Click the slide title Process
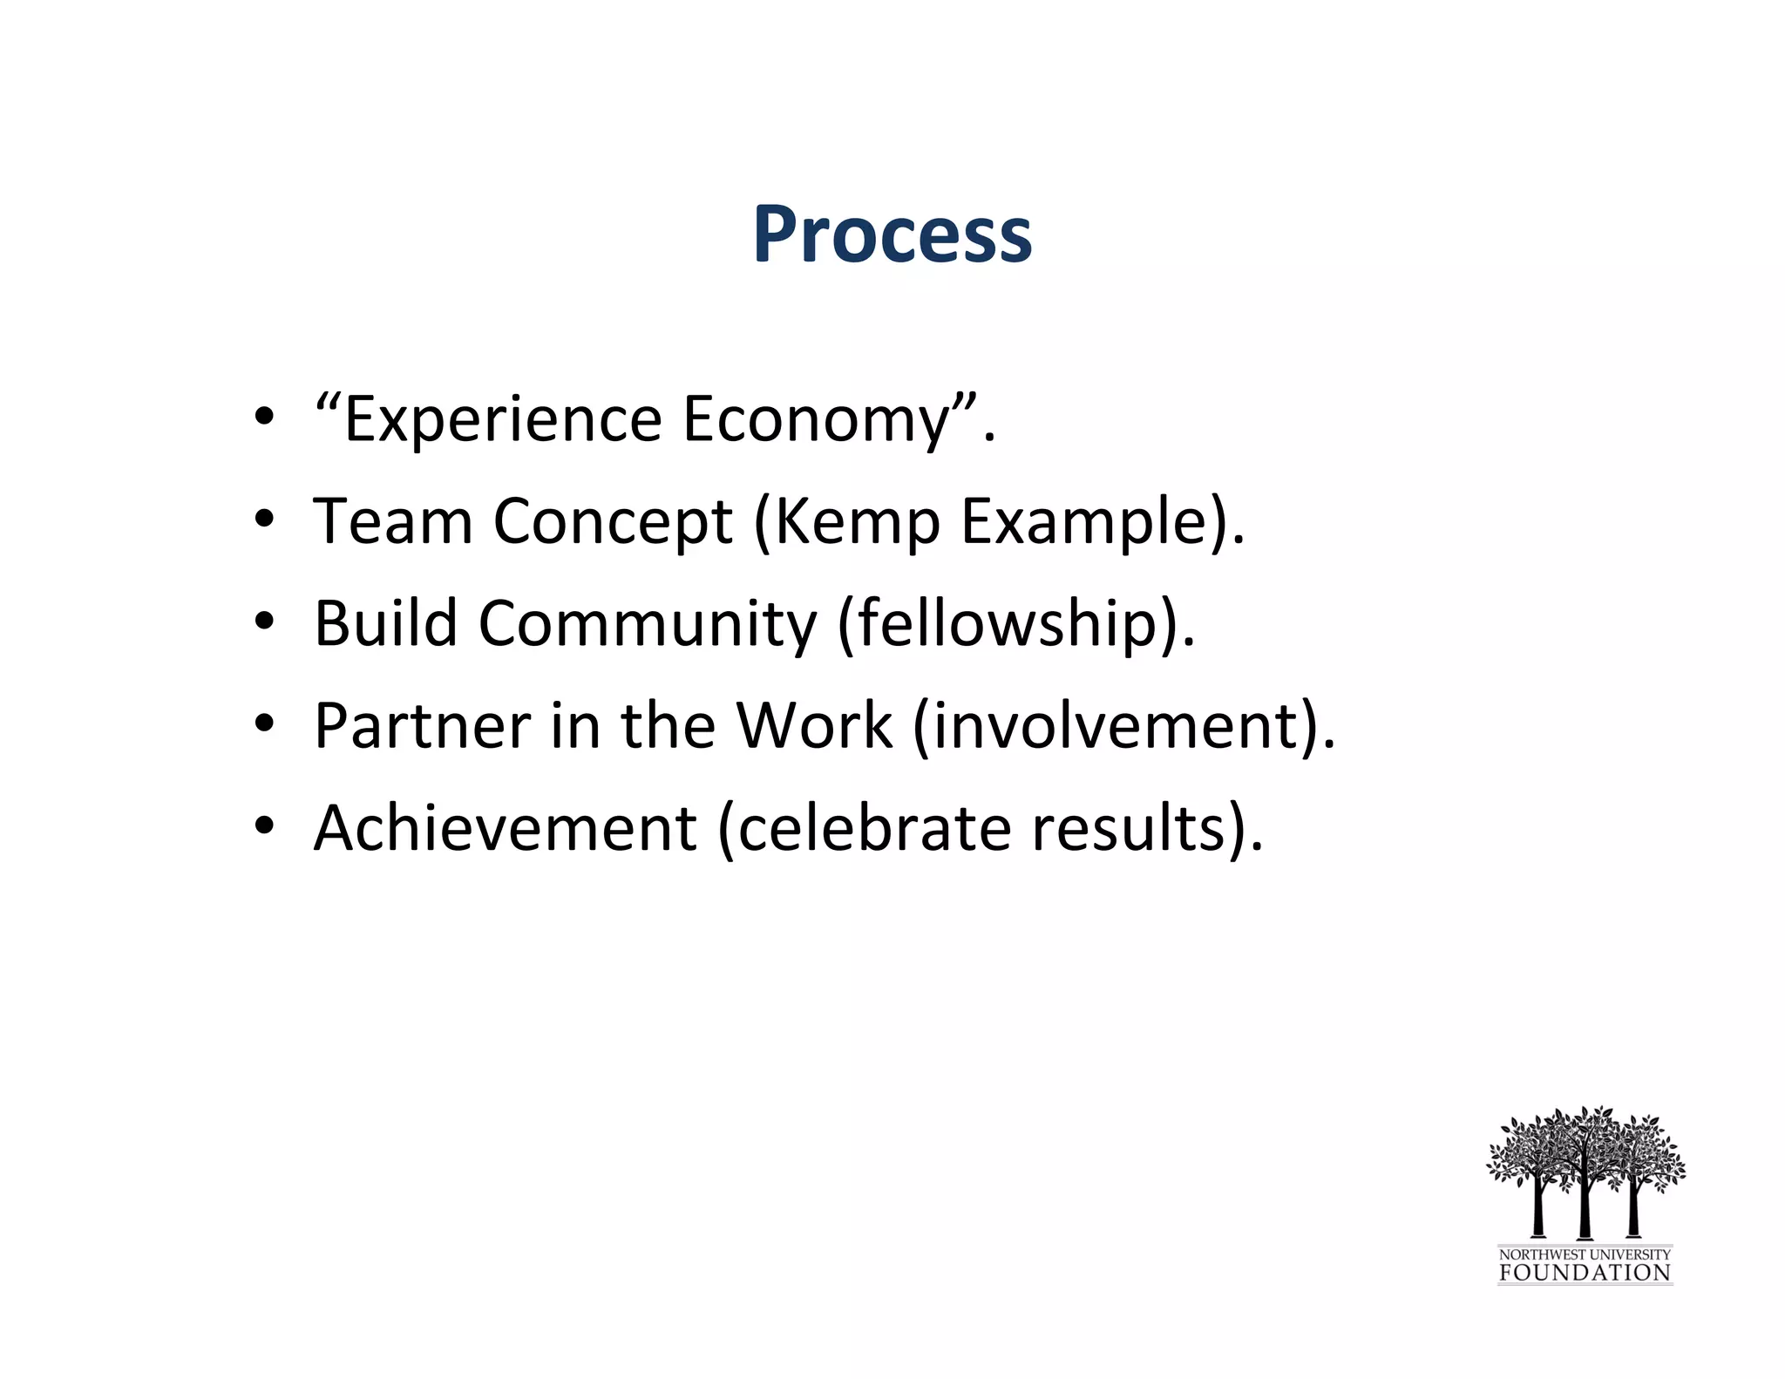(892, 234)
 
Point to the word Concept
(613, 522)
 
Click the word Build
(385, 624)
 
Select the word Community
(648, 624)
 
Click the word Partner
(422, 726)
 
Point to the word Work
(814, 726)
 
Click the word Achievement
(505, 828)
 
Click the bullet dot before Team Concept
(265, 520)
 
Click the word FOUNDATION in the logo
(1585, 1272)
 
